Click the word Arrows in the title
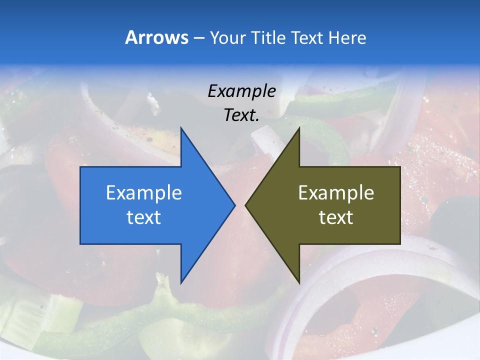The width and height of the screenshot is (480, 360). click(156, 37)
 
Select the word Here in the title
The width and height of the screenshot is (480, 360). click(347, 37)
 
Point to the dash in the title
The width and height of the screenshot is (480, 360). click(198, 38)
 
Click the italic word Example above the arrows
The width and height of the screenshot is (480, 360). click(242, 91)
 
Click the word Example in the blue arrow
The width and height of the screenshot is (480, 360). click(144, 193)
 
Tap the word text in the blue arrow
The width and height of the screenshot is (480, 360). click(144, 217)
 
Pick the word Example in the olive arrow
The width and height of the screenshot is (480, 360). click(336, 193)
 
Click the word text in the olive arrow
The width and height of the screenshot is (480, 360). click(336, 217)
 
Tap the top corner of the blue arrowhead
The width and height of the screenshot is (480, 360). click(181, 128)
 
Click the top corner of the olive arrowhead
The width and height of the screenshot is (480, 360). click(299, 128)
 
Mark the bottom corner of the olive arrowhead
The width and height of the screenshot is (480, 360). click(299, 282)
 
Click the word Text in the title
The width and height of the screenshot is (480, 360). click(307, 37)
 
